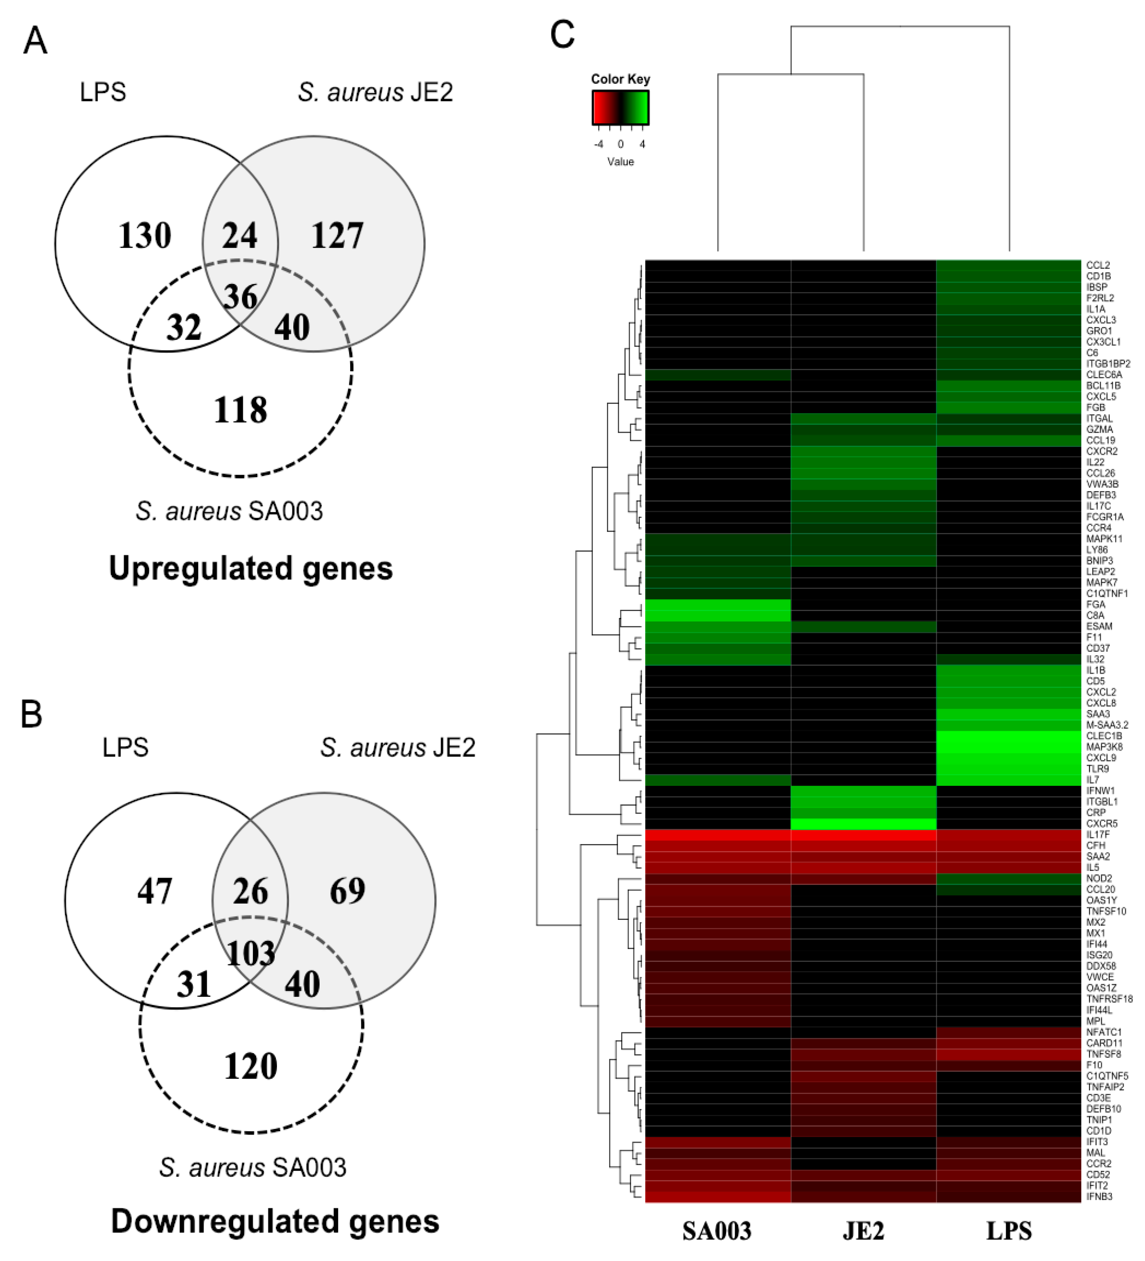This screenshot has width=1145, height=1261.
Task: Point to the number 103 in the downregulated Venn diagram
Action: click(250, 953)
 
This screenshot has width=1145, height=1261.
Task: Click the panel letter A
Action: click(35, 41)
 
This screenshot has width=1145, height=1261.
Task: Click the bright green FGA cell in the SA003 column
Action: click(718, 605)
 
